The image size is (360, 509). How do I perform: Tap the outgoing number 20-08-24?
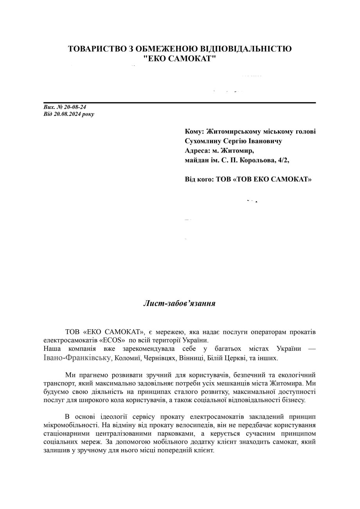tap(73, 107)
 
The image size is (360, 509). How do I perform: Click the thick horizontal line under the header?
tap(180, 103)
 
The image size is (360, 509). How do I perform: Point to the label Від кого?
tap(199, 180)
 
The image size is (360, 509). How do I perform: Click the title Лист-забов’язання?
tap(180, 303)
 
